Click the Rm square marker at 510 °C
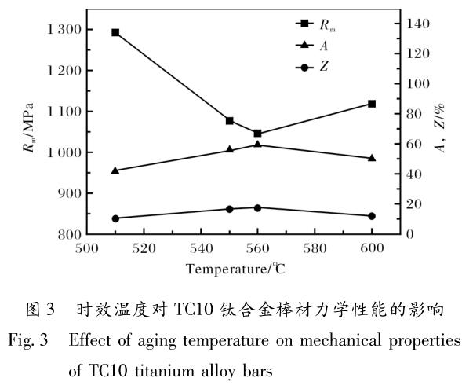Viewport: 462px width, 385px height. [x=115, y=33]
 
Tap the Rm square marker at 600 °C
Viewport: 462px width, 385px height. [x=372, y=104]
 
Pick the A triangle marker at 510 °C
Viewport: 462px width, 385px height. [x=115, y=170]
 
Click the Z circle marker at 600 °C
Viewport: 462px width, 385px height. [x=372, y=216]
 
